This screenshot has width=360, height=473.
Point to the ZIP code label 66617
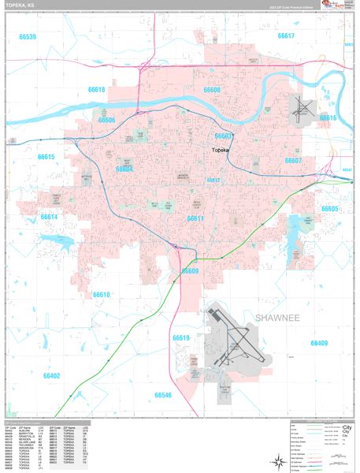(285, 36)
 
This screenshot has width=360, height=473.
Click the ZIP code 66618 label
(95, 90)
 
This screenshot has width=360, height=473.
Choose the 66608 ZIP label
(211, 91)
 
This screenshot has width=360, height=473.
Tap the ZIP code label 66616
(327, 117)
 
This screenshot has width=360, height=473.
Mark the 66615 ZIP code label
(46, 158)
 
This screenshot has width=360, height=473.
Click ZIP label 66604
(124, 169)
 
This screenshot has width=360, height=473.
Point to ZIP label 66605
(329, 209)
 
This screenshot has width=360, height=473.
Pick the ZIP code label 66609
(190, 270)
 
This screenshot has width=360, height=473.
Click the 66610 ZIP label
(102, 295)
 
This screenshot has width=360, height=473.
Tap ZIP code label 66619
(181, 338)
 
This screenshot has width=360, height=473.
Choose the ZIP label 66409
(318, 344)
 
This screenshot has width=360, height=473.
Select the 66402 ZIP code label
(51, 376)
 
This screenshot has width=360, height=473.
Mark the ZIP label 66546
(163, 394)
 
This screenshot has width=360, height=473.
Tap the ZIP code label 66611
(195, 218)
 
